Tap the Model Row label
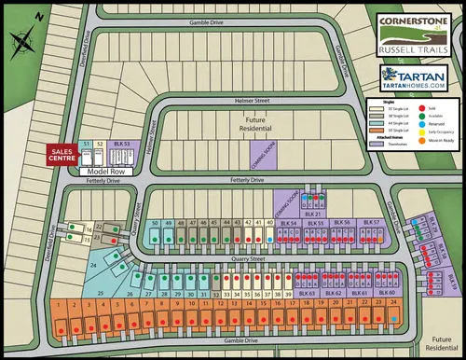point(105,172)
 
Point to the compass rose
point(21,40)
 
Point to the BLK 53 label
point(119,142)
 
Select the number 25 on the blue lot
point(99,293)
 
